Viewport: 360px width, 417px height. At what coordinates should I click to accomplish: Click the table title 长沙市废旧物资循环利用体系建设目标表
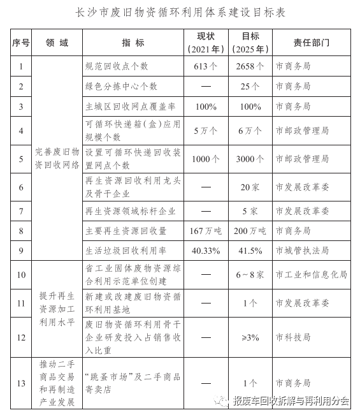[180, 13]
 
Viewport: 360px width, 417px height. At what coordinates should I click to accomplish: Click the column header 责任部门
[311, 42]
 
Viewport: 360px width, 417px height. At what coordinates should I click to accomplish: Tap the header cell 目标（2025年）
[250, 42]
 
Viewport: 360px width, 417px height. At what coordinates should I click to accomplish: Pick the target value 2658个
[250, 66]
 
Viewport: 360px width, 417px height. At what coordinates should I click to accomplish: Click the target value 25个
[250, 86]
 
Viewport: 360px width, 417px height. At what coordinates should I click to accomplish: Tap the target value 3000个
[250, 159]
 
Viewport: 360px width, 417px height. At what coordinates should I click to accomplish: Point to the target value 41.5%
[250, 251]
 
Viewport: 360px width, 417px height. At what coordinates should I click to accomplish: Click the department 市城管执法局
[302, 251]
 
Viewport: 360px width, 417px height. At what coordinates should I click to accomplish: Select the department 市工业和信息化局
[311, 275]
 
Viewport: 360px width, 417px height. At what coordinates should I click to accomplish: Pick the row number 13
[21, 383]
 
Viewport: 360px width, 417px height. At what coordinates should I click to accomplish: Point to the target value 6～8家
[250, 275]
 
